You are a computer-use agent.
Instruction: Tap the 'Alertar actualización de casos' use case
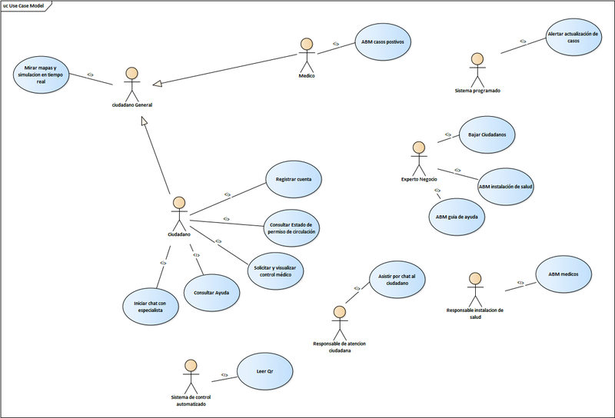[573, 38]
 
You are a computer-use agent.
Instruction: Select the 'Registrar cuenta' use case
[293, 180]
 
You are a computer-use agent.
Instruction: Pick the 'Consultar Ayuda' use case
[211, 293]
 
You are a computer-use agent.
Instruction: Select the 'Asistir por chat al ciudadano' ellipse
[397, 280]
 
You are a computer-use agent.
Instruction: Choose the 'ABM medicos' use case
[563, 274]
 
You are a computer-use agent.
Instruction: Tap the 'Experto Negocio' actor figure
[419, 158]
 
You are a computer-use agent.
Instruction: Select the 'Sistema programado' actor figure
[477, 69]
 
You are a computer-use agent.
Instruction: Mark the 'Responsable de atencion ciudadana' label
[339, 346]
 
